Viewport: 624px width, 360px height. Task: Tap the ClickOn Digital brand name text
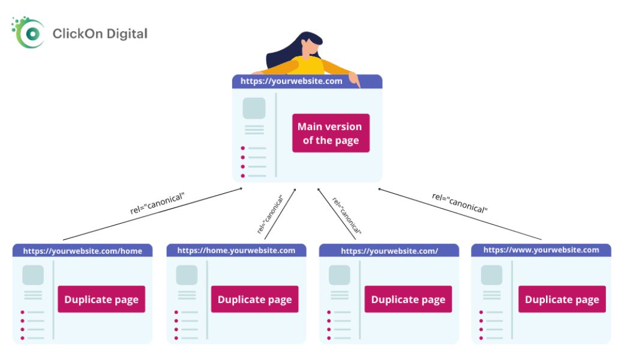(x=100, y=34)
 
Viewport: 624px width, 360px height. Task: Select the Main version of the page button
(x=331, y=133)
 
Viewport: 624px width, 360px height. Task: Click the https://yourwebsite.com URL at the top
(x=292, y=81)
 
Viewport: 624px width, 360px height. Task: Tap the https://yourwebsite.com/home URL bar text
(x=82, y=251)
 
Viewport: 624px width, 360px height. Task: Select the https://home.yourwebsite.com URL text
(x=236, y=251)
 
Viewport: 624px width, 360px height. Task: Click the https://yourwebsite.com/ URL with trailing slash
(x=389, y=251)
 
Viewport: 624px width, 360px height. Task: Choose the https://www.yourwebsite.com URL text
(x=541, y=250)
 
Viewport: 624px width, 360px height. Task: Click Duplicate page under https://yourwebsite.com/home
(x=101, y=299)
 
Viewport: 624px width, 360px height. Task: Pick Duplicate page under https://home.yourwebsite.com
(x=254, y=299)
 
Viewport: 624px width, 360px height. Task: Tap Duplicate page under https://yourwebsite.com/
(x=409, y=299)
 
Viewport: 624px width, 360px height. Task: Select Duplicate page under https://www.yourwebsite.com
(x=562, y=299)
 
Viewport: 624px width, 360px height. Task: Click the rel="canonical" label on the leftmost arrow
(x=158, y=203)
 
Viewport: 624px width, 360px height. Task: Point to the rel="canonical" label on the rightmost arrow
(x=460, y=203)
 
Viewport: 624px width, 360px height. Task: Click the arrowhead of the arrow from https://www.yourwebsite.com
(x=380, y=190)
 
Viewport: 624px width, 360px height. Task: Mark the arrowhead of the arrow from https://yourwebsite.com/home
(x=241, y=188)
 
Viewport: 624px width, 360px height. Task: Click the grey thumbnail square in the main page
(x=254, y=108)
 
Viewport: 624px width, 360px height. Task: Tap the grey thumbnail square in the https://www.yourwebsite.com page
(x=492, y=275)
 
